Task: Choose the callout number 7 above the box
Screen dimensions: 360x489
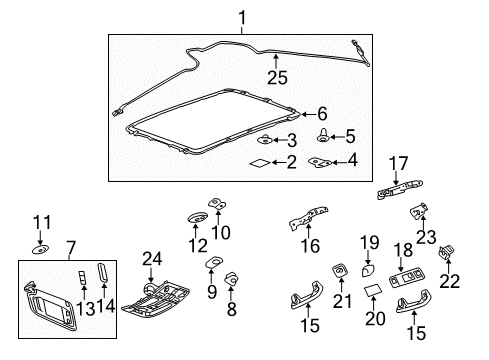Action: tap(71, 247)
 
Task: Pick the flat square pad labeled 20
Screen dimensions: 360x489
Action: tap(373, 290)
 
